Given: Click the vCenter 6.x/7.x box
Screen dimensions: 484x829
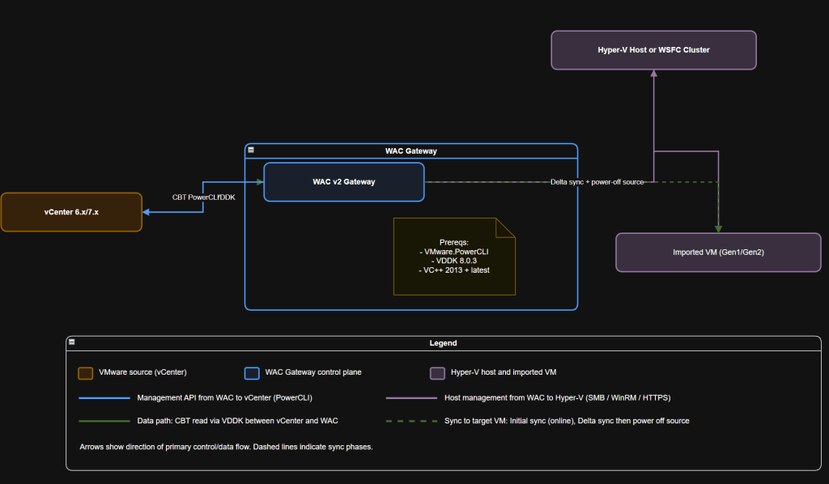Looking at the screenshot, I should point(71,212).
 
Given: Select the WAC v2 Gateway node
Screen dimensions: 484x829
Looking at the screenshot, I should point(343,181).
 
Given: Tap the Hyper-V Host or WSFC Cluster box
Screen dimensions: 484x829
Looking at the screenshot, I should point(653,50).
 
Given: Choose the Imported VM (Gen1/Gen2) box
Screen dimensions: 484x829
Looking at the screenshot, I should point(718,253).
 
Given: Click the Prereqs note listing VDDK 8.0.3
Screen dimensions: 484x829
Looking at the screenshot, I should point(454,256).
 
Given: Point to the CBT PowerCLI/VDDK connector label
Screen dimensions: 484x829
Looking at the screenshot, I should point(203,197).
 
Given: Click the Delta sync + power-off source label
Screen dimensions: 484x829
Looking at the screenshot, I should point(597,182).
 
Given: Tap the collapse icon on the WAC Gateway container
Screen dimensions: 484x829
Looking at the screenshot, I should point(251,151).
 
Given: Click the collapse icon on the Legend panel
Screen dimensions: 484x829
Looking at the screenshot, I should point(72,342).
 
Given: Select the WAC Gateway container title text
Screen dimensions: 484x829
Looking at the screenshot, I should point(411,151).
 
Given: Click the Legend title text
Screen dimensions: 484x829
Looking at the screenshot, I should point(443,343).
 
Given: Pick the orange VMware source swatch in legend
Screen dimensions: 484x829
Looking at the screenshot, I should point(85,373).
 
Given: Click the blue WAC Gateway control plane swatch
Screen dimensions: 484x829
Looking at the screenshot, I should point(252,373).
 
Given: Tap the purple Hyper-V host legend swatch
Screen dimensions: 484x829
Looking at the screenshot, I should point(436,373).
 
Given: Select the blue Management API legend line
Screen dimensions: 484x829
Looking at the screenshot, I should point(104,398).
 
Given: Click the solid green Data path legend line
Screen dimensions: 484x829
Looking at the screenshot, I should point(104,421).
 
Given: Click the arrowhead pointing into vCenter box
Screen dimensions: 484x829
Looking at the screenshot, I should point(147,212).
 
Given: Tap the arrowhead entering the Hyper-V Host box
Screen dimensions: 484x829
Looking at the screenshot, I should point(653,73).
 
